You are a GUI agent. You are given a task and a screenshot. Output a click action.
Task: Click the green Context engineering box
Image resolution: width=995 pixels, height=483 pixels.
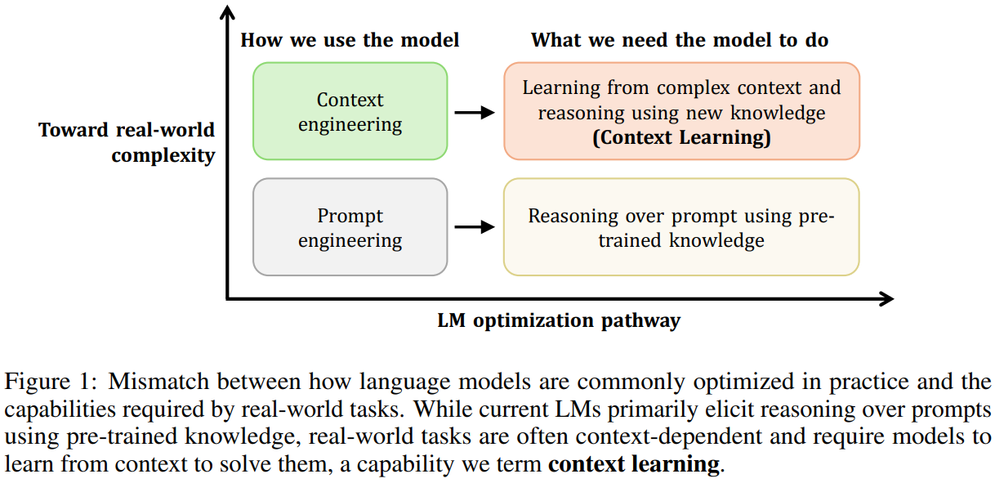[x=350, y=111]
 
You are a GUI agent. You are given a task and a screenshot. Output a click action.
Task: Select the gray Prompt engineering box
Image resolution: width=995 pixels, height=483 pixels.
[x=350, y=227]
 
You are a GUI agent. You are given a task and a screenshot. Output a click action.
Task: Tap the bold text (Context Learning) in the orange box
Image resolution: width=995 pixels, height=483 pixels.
[x=681, y=137]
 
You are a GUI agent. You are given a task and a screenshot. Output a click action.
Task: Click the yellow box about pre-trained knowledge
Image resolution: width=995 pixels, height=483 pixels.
[x=681, y=227]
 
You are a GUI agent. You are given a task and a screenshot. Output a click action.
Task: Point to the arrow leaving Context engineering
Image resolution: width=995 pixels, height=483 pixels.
[x=475, y=113]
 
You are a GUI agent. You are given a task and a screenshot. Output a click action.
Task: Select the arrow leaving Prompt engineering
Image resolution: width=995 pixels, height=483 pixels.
[x=475, y=228]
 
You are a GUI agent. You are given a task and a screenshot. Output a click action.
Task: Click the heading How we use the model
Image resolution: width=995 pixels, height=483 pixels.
[x=350, y=40]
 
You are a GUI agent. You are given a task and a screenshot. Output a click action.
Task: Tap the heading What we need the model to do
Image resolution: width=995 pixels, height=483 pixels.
[x=680, y=40]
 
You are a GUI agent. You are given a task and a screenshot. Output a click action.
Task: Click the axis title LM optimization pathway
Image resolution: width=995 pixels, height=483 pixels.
[x=559, y=320]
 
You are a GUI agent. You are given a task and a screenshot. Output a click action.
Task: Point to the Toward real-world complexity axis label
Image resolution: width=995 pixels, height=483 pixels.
[x=127, y=142]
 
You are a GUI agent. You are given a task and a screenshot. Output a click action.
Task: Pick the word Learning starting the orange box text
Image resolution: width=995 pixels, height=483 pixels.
[x=559, y=88]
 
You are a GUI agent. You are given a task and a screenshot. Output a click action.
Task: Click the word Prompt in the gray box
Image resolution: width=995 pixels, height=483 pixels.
[x=350, y=217]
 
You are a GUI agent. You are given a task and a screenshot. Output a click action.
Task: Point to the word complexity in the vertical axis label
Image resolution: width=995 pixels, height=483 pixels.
[x=163, y=155]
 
